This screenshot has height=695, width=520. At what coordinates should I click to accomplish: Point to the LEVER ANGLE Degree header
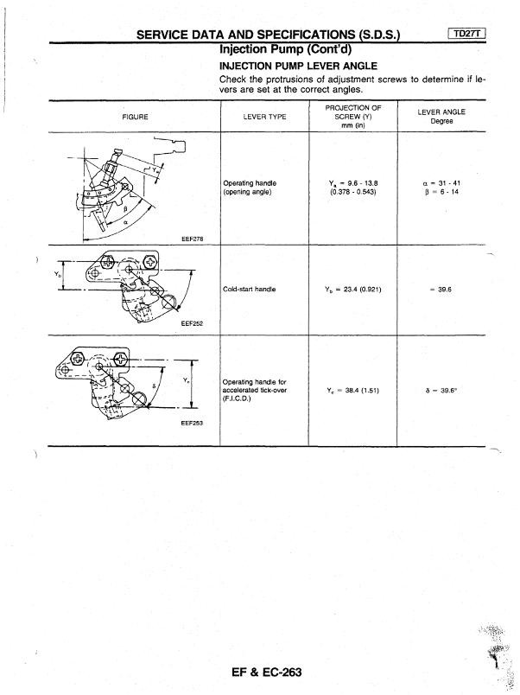pyautogui.click(x=442, y=115)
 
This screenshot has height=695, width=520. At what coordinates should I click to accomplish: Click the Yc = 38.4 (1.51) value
pyautogui.click(x=350, y=390)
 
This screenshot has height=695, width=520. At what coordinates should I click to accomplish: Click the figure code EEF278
pyautogui.click(x=193, y=239)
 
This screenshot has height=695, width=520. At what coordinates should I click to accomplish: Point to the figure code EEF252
pyautogui.click(x=193, y=322)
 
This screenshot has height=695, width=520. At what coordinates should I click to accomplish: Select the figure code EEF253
pyautogui.click(x=193, y=424)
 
